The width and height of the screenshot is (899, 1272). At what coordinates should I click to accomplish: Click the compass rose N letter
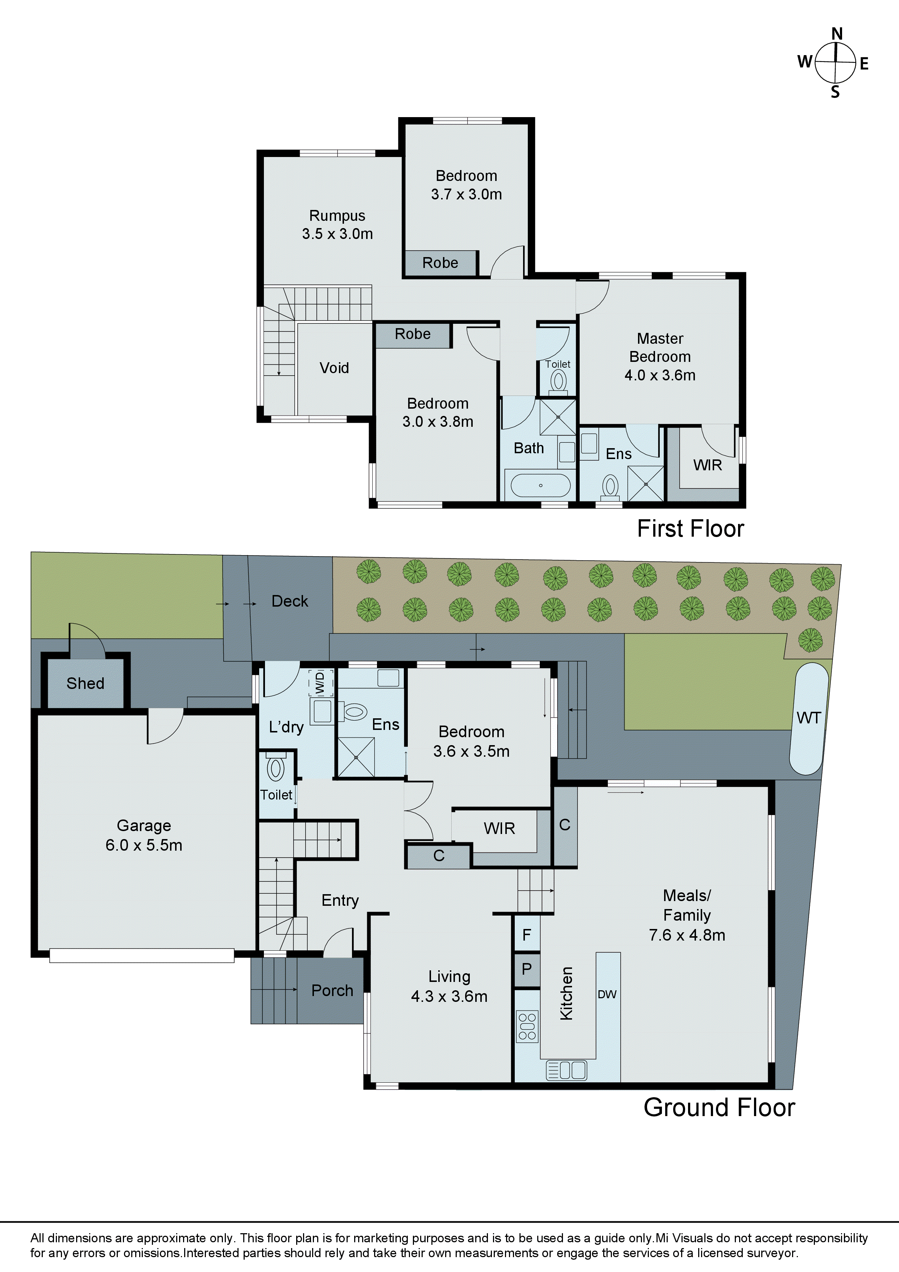pyautogui.click(x=836, y=34)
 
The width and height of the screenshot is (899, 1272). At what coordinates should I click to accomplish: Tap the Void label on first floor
pyautogui.click(x=334, y=368)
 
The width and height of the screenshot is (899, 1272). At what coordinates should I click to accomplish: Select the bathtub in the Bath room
pyautogui.click(x=540, y=485)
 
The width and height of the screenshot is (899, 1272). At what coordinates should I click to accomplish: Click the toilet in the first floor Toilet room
pyautogui.click(x=558, y=381)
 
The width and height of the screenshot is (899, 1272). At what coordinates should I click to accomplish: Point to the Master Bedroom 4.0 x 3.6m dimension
pyautogui.click(x=660, y=375)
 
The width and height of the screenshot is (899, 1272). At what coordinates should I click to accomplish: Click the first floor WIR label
pyautogui.click(x=707, y=465)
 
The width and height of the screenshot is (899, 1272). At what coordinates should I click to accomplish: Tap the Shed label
pyautogui.click(x=85, y=683)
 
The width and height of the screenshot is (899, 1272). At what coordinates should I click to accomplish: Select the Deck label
pyautogui.click(x=290, y=601)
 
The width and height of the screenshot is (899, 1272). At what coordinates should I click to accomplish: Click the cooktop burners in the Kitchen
pyautogui.click(x=527, y=1027)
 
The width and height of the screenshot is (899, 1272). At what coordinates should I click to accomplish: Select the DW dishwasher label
pyautogui.click(x=607, y=995)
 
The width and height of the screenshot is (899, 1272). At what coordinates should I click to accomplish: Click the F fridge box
pyautogui.click(x=527, y=935)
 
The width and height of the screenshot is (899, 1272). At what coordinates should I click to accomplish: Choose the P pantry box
pyautogui.click(x=527, y=969)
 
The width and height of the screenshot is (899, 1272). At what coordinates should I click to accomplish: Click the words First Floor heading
pyautogui.click(x=690, y=529)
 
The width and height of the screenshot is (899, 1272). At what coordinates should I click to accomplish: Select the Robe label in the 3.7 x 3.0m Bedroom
pyautogui.click(x=440, y=263)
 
